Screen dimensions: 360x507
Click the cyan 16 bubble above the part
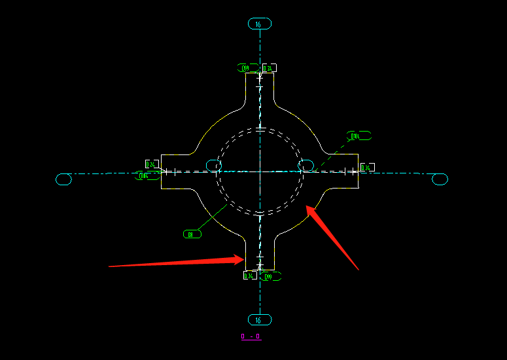coord(259,24)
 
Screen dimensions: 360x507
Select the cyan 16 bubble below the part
coord(259,320)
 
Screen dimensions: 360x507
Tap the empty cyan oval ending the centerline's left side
coord(63,179)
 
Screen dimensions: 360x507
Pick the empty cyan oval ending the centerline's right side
coord(440,179)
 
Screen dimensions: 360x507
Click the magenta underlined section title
coord(251,337)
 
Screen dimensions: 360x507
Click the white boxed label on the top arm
coord(269,68)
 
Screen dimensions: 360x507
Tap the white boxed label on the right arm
coord(367,168)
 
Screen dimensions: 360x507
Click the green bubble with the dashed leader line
coord(358,136)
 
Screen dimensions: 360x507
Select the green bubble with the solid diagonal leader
coord(192,234)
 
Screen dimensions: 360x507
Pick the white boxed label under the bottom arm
coord(249,276)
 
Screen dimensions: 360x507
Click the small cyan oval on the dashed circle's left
coord(214,165)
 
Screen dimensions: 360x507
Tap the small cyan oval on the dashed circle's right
coord(306,164)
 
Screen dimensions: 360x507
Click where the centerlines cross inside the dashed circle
coord(260,173)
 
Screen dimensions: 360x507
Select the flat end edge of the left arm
coord(161,171)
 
